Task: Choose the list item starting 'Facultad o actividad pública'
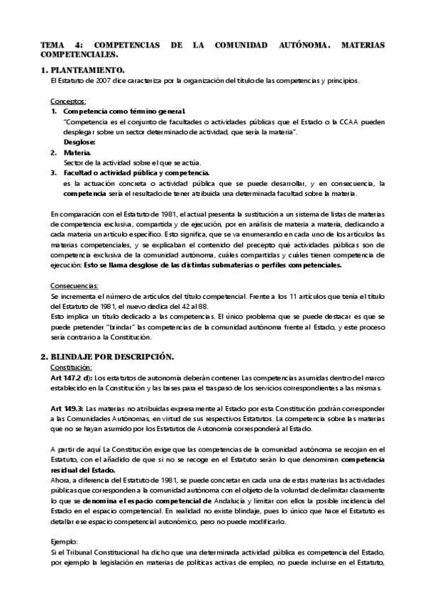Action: click(136, 173)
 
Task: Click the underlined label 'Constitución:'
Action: click(72, 367)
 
